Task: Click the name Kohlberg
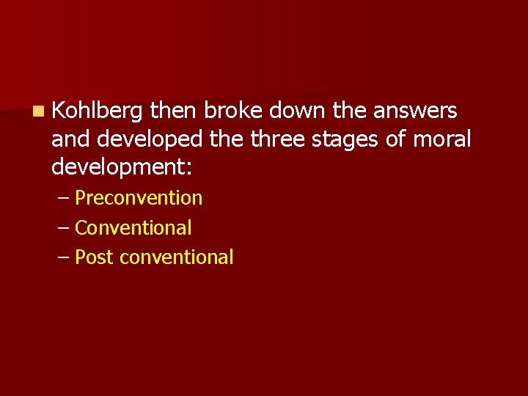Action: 97,111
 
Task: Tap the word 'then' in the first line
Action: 174,111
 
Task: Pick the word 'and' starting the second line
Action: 67,139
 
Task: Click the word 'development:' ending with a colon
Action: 122,167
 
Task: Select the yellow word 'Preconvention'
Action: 139,198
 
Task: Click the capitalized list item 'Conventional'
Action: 133,228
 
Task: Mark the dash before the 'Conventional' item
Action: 63,229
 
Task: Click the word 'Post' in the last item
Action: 94,257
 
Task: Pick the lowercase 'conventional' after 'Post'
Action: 176,257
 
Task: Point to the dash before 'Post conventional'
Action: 63,258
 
